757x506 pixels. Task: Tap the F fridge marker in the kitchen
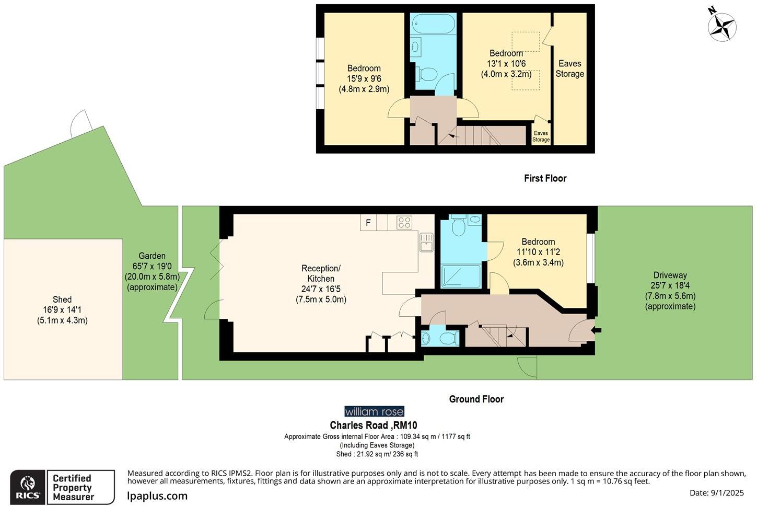pyautogui.click(x=368, y=223)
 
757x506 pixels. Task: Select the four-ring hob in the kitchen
pyautogui.click(x=404, y=223)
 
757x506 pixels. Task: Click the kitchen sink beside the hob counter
pyautogui.click(x=426, y=242)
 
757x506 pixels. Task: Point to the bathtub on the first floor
pyautogui.click(x=433, y=24)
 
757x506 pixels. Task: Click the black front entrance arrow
pyautogui.click(x=597, y=330)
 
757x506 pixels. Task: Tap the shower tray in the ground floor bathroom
pyautogui.click(x=461, y=277)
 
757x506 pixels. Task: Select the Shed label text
pyautogui.click(x=62, y=300)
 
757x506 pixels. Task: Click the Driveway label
pyautogui.click(x=670, y=275)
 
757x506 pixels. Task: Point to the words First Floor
pyautogui.click(x=545, y=178)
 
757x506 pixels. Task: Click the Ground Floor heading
pyautogui.click(x=476, y=399)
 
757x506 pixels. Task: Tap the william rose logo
pyautogui.click(x=374, y=411)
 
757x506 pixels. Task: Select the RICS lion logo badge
pyautogui.click(x=28, y=487)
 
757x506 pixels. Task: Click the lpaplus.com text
pyautogui.click(x=157, y=496)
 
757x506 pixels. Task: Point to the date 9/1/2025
pyautogui.click(x=727, y=493)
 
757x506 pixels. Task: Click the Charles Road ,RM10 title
pyautogui.click(x=374, y=425)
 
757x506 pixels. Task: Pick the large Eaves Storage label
pyautogui.click(x=570, y=68)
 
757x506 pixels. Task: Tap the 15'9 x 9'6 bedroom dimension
pyautogui.click(x=364, y=78)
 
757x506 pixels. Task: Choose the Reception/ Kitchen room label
pyautogui.click(x=321, y=273)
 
